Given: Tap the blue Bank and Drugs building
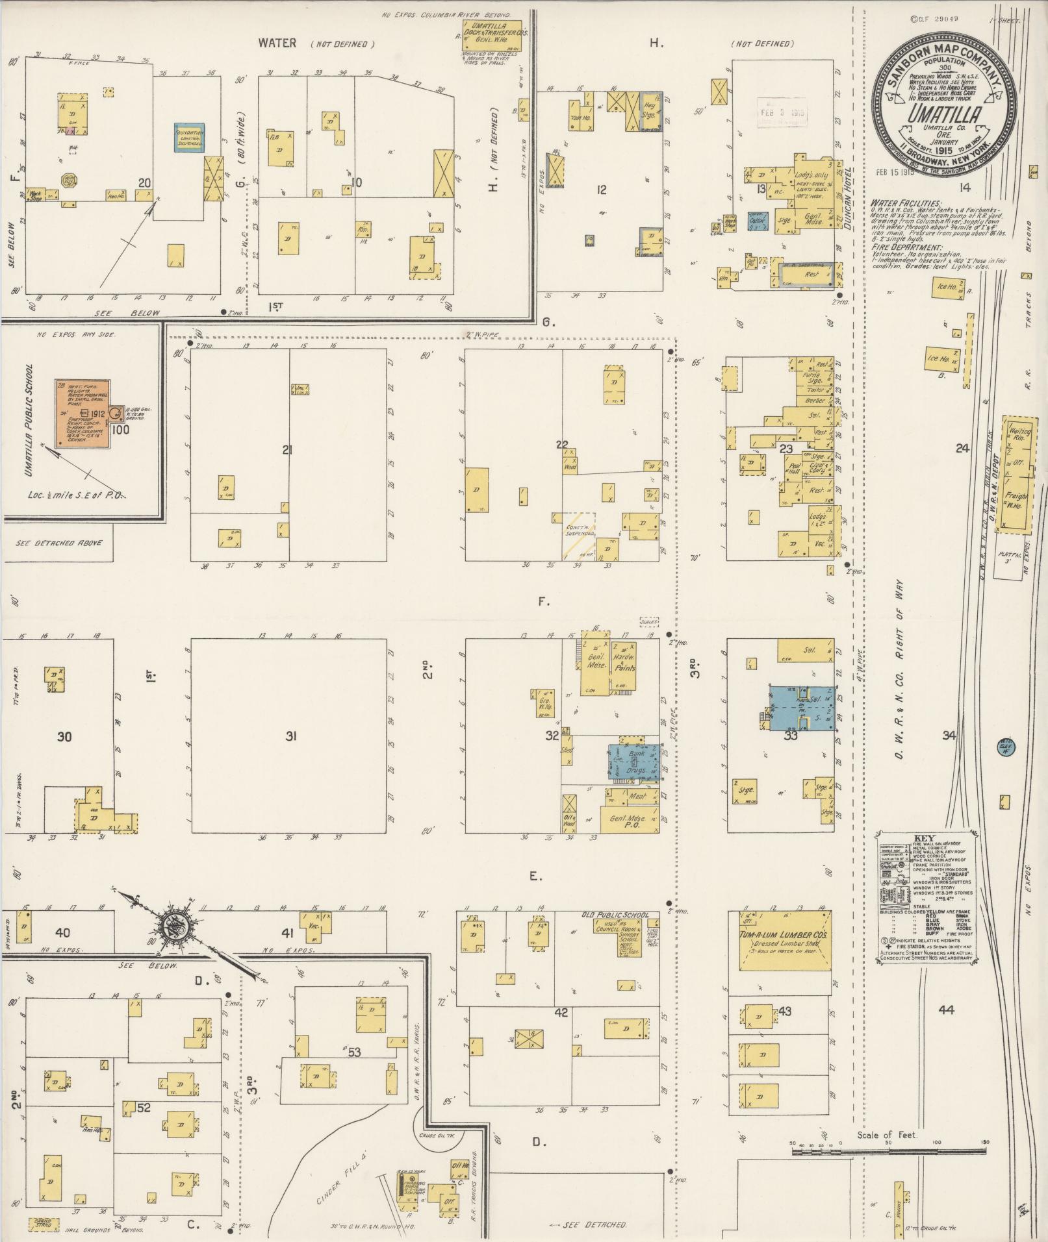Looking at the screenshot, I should click(x=636, y=762).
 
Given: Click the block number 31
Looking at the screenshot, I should click(x=291, y=736).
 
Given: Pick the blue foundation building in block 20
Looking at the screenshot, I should click(x=189, y=138).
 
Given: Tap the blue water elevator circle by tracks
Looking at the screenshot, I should click(x=1006, y=749).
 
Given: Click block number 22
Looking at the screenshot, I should click(x=562, y=445).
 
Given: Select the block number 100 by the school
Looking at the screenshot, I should click(x=120, y=429).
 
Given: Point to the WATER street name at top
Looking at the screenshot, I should click(x=277, y=43).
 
